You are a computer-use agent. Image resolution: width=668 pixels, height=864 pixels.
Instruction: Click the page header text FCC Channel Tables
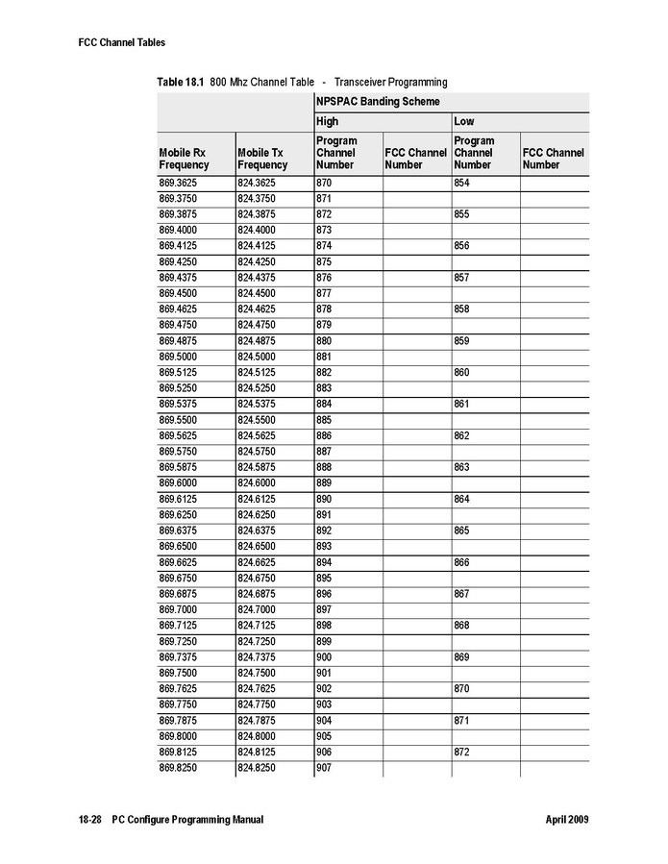pos(121,42)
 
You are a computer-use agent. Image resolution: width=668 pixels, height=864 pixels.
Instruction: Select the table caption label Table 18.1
pos(181,83)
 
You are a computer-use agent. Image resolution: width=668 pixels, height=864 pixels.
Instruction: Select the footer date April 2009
pos(566,820)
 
